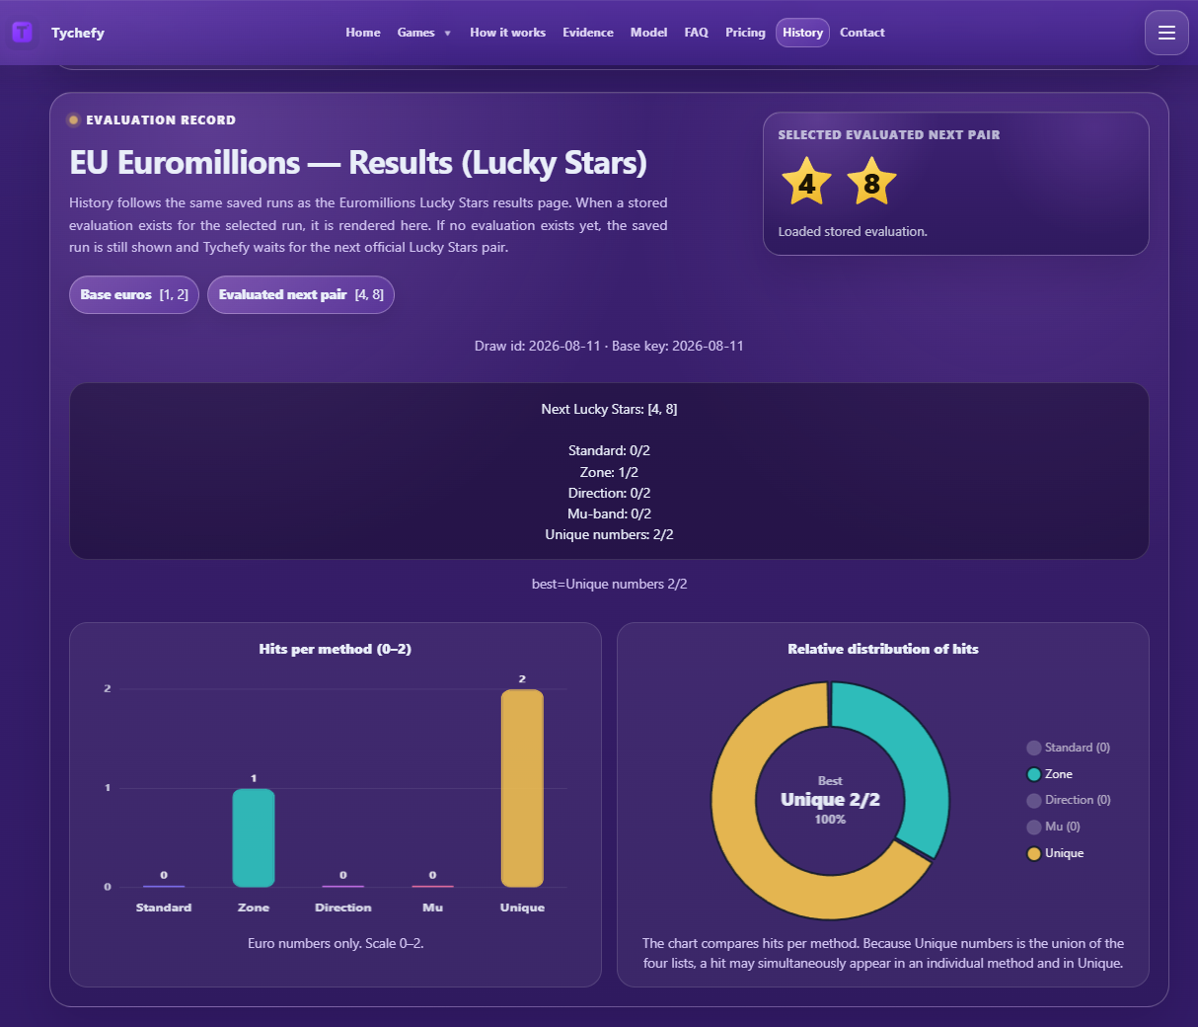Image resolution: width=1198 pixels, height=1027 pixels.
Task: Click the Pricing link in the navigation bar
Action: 745,33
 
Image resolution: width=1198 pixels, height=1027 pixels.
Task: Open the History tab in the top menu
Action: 802,33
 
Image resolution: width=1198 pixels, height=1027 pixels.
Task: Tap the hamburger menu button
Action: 1166,33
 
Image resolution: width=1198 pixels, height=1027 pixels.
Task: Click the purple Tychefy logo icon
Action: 22,32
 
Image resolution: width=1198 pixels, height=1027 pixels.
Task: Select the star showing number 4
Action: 806,182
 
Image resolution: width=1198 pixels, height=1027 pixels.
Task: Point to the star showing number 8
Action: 871,182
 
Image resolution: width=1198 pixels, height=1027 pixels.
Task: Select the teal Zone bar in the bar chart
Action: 254,837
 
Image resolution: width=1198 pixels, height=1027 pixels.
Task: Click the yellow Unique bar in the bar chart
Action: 522,788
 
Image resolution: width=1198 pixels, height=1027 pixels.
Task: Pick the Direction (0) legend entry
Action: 1069,800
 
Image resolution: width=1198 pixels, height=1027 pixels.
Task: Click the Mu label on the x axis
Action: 432,908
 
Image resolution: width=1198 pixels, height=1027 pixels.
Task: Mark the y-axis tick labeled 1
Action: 108,787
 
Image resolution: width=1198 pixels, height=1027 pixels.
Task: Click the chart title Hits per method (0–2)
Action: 335,649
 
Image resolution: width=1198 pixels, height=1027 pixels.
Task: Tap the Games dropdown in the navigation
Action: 423,33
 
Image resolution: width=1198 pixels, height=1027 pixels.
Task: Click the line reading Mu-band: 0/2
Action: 609,513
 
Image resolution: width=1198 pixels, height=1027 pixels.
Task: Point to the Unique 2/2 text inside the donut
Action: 830,800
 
